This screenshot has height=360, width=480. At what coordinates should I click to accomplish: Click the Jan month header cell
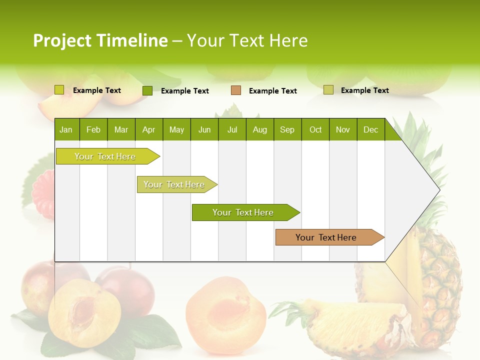tap(66, 129)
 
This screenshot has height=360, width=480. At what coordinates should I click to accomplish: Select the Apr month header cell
tap(149, 129)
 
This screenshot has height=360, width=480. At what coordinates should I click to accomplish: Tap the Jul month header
tap(232, 129)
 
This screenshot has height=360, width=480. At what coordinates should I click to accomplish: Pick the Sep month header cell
tap(287, 129)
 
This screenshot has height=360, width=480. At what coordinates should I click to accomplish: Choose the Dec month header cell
tap(370, 129)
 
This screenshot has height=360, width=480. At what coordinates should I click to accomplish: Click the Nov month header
tap(343, 129)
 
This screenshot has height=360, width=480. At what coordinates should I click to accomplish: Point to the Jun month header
tap(204, 129)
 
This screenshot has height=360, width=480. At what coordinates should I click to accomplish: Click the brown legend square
tap(236, 90)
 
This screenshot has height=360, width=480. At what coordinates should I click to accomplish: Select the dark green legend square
tap(147, 90)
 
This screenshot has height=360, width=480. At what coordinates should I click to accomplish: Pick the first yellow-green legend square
tap(59, 90)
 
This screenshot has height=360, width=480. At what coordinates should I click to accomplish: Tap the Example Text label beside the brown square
tap(273, 91)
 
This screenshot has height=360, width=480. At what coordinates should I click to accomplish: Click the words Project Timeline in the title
tap(100, 40)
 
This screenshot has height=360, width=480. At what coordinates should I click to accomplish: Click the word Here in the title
tap(288, 40)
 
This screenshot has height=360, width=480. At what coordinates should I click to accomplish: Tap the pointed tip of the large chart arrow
tap(439, 189)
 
